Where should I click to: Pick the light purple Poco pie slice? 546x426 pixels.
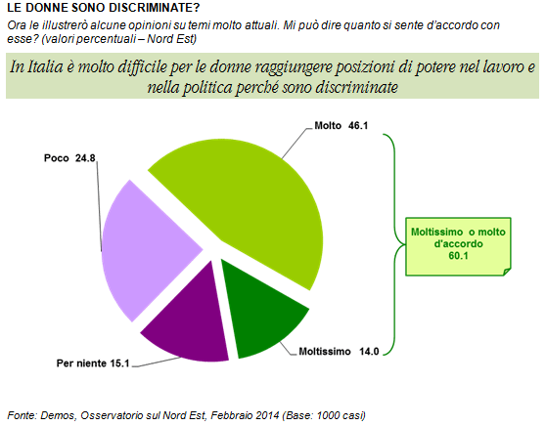[143, 250]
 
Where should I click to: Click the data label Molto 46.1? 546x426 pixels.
[341, 125]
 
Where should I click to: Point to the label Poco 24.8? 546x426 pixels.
[69, 158]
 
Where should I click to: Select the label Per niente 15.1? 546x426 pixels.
[93, 363]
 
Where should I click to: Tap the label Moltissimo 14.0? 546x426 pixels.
[339, 352]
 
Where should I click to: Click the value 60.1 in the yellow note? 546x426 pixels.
[458, 256]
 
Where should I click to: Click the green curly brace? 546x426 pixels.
[395, 244]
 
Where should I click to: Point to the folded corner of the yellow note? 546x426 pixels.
[507, 272]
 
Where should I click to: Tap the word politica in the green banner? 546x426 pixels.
[207, 87]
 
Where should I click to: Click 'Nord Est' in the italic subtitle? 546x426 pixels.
[169, 39]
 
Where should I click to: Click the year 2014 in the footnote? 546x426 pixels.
[267, 415]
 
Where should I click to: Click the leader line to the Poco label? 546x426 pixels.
[99, 206]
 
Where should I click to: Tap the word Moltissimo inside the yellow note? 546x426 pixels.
[437, 232]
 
